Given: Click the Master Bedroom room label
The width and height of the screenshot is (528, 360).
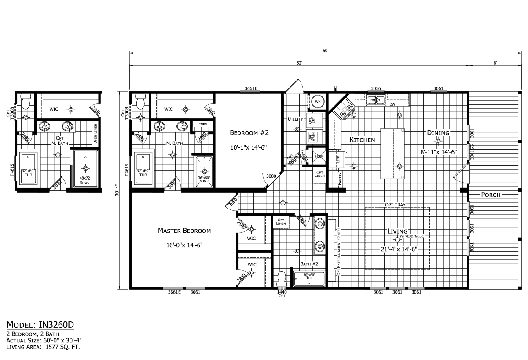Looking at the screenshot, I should [x=184, y=231].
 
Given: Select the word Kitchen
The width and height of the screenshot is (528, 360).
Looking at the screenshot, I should [x=362, y=140].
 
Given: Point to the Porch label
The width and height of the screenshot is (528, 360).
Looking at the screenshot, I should [x=491, y=195].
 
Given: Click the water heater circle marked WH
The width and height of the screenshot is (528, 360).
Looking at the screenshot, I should [x=318, y=102].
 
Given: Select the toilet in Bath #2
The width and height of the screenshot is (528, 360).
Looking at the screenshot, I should [x=282, y=278].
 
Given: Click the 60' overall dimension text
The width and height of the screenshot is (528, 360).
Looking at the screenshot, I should [x=325, y=51].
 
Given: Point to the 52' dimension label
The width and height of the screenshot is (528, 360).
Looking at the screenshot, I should [x=299, y=63].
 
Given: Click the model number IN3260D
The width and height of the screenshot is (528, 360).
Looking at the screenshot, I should [x=40, y=325].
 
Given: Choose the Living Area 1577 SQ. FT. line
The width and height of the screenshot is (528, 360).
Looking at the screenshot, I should [x=43, y=347].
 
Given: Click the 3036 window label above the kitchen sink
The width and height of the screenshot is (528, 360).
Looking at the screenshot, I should [x=376, y=88].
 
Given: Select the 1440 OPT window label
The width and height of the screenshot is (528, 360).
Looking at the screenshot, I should [x=282, y=294].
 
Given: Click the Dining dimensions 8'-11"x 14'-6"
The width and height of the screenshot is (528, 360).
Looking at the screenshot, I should [x=438, y=152].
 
